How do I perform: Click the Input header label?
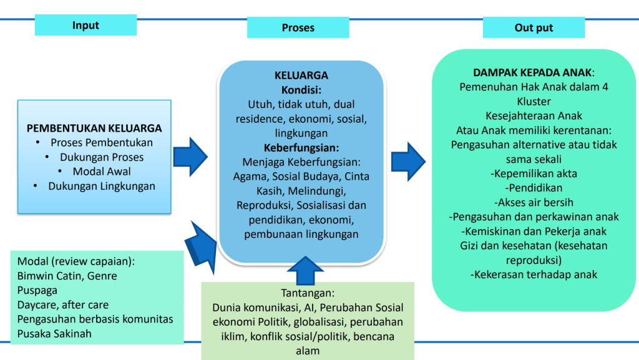[85, 26]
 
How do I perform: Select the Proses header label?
[298, 27]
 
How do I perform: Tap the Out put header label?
[534, 28]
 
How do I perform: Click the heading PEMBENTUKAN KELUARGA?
[94, 129]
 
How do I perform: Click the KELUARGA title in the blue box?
[301, 75]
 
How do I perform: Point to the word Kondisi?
[301, 90]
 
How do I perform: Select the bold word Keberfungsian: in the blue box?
[301, 148]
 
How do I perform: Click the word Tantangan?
[308, 293]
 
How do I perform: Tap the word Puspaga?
[37, 290]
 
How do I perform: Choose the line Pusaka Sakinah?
[54, 333]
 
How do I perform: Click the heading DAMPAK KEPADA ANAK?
[533, 72]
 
